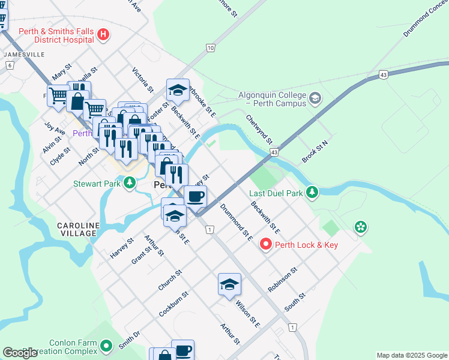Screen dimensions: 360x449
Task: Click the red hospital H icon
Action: point(103,35)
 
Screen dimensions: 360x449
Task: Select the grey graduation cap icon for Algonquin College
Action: point(315,97)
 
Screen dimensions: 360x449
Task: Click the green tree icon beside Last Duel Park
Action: point(312,192)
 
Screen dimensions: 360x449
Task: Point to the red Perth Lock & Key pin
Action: point(265,244)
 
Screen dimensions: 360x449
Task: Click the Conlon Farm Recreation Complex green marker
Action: point(106,346)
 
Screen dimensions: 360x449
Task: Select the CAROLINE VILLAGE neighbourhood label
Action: point(77,229)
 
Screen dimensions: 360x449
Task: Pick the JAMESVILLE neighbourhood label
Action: point(24,54)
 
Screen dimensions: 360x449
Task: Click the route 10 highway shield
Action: point(210,47)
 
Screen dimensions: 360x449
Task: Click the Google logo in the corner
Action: point(20,353)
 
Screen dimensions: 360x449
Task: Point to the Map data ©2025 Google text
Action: point(411,355)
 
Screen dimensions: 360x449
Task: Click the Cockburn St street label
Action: point(174,305)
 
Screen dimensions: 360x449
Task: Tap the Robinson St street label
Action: point(283,280)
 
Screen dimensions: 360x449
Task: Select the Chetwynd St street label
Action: point(259,129)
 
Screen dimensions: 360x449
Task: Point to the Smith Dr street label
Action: point(129,340)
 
